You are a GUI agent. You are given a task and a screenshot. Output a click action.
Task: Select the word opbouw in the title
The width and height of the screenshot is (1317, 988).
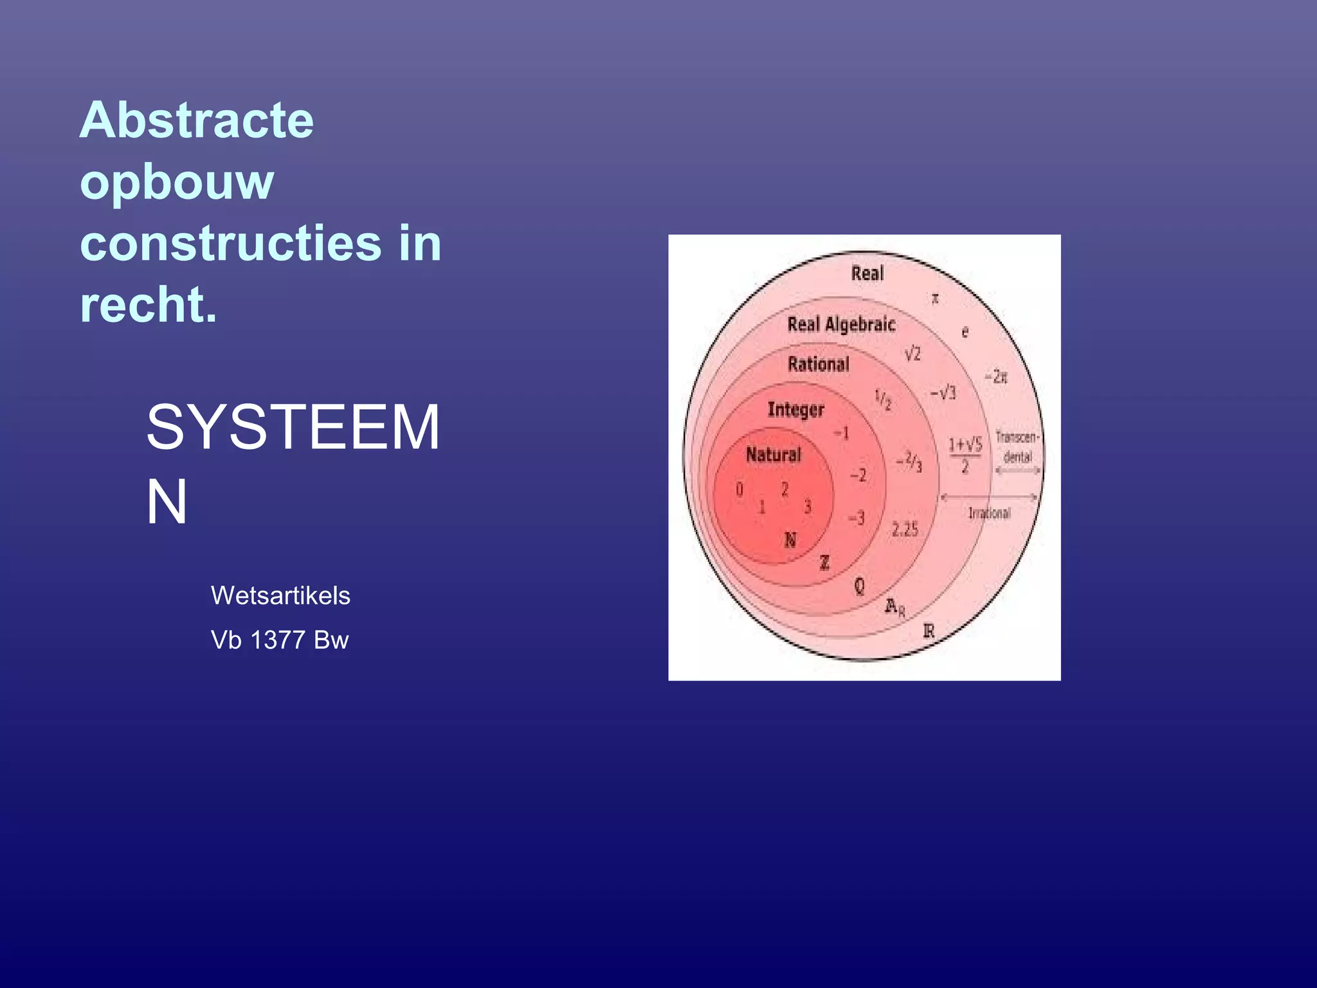[x=177, y=182]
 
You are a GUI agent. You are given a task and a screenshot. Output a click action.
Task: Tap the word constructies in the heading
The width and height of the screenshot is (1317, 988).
[x=231, y=244]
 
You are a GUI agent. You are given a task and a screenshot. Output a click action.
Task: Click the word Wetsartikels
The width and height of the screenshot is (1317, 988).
[x=280, y=596]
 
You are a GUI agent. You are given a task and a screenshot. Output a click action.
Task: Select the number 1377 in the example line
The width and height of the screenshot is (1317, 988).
[x=278, y=640]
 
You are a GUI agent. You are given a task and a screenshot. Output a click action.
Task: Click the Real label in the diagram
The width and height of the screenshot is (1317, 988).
[x=867, y=273]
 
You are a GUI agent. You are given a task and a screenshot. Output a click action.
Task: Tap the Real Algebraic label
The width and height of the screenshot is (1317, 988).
[x=841, y=324]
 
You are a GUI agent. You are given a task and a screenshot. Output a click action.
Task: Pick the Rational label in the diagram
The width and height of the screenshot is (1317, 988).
[x=819, y=364]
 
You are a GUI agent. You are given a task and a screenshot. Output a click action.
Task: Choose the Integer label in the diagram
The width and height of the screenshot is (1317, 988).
[x=795, y=410]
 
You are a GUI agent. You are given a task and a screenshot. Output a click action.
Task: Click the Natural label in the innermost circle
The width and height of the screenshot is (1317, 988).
[x=773, y=455]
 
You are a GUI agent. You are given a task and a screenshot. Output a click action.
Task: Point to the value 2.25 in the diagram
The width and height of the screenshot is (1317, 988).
[x=905, y=529]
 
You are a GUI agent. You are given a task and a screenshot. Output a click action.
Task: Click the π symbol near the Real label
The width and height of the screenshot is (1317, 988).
[x=936, y=298]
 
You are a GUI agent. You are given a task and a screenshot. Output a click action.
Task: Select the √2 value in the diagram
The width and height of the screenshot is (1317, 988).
[x=913, y=354]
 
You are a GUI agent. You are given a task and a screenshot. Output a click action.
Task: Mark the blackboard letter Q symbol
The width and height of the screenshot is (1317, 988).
[x=859, y=586]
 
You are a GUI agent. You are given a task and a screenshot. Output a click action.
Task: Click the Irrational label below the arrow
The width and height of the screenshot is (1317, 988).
[x=989, y=513]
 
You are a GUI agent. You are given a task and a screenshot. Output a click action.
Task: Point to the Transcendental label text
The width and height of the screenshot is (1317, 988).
[x=1017, y=446]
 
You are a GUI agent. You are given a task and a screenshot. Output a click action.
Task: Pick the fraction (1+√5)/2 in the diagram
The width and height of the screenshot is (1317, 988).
[x=965, y=455]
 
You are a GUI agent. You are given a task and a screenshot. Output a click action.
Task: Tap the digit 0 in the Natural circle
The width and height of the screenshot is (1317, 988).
[x=740, y=489]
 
